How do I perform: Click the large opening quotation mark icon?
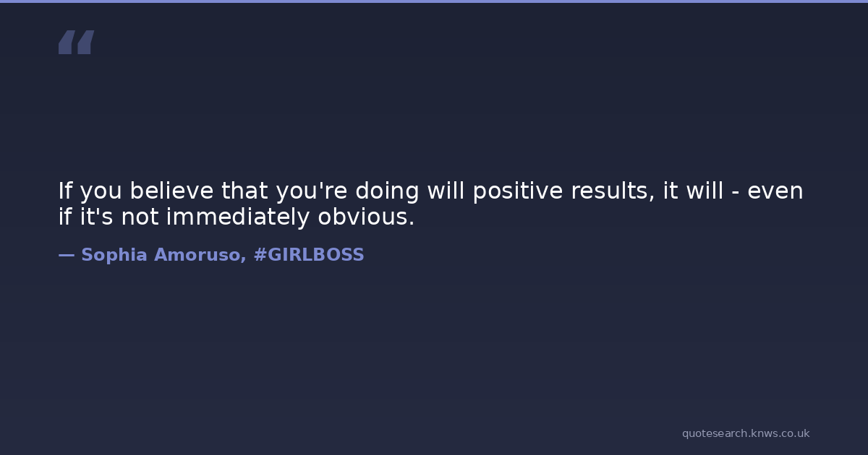(77, 42)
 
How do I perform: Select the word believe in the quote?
(171, 191)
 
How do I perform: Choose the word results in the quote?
(613, 191)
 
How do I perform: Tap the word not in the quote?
(140, 217)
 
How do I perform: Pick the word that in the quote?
(244, 191)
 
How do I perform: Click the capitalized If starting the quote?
(64, 191)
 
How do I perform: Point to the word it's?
(96, 216)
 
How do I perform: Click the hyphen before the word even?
(735, 193)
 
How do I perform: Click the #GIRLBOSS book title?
(309, 255)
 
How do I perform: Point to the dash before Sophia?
(67, 256)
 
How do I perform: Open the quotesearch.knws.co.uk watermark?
(746, 433)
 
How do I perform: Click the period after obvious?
(411, 224)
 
